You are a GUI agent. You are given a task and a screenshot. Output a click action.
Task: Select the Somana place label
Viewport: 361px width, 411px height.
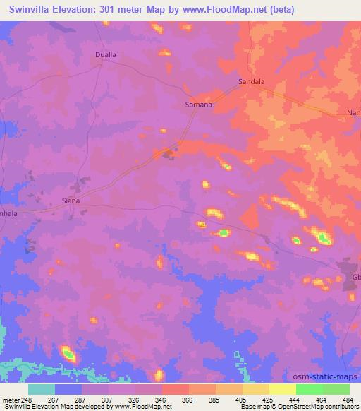pyautogui.click(x=198, y=104)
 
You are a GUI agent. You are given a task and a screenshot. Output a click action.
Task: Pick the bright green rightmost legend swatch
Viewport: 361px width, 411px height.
pyautogui.click(x=336, y=389)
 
